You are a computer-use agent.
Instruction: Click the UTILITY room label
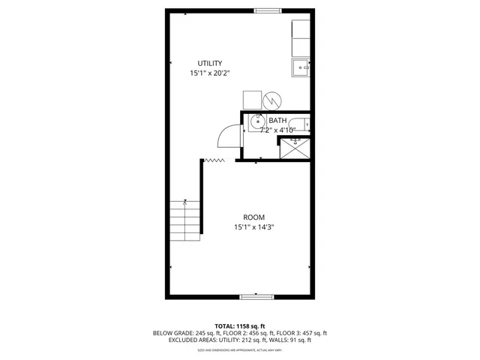[210, 63]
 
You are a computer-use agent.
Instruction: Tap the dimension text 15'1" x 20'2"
[210, 73]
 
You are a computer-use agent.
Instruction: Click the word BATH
[277, 121]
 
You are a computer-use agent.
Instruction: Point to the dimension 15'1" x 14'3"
[254, 227]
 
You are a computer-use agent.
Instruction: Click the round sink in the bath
[256, 124]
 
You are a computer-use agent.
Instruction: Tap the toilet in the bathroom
[301, 125]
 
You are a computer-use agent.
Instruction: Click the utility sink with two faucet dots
[300, 68]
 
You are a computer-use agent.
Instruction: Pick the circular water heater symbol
[271, 99]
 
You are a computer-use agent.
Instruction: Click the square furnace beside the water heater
[251, 100]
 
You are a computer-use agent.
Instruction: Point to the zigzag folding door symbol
[215, 160]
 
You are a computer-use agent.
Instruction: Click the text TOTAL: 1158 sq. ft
[239, 325]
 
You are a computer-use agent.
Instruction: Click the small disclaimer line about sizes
[239, 349]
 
